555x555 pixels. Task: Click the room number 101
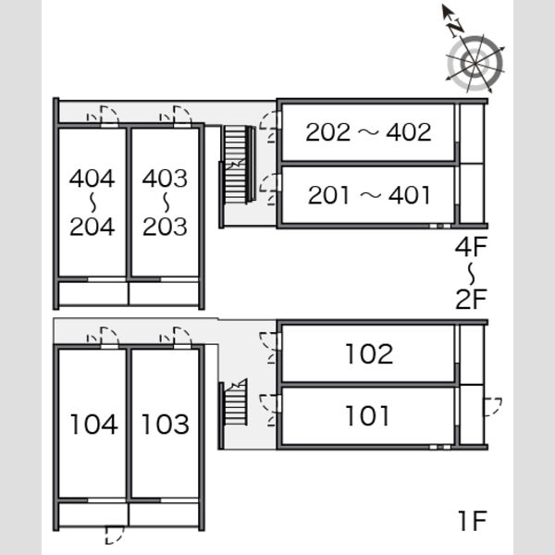pyautogui.click(x=367, y=415)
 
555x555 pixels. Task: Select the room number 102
pyautogui.click(x=369, y=353)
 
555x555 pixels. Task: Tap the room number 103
pyautogui.click(x=166, y=424)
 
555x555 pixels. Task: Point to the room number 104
pyautogui.click(x=93, y=424)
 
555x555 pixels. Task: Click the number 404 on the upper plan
pyautogui.click(x=92, y=178)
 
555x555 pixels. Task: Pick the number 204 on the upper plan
pyautogui.click(x=92, y=227)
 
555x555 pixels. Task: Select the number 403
pyautogui.click(x=165, y=178)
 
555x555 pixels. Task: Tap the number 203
pyautogui.click(x=165, y=227)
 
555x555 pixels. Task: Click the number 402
pyautogui.click(x=409, y=132)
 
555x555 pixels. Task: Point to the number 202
pyautogui.click(x=328, y=132)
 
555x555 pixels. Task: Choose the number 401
pyautogui.click(x=410, y=195)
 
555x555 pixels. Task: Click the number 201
pyautogui.click(x=328, y=195)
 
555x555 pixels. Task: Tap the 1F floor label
pyautogui.click(x=473, y=521)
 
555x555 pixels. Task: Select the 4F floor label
pyautogui.click(x=471, y=247)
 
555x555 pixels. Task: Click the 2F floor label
pyautogui.click(x=471, y=299)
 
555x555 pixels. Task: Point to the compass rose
pyautogui.click(x=475, y=63)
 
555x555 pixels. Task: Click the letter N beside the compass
pyautogui.click(x=455, y=27)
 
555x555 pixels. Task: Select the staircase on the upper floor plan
pyautogui.click(x=238, y=165)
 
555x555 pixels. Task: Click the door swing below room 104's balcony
pyautogui.click(x=115, y=536)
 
